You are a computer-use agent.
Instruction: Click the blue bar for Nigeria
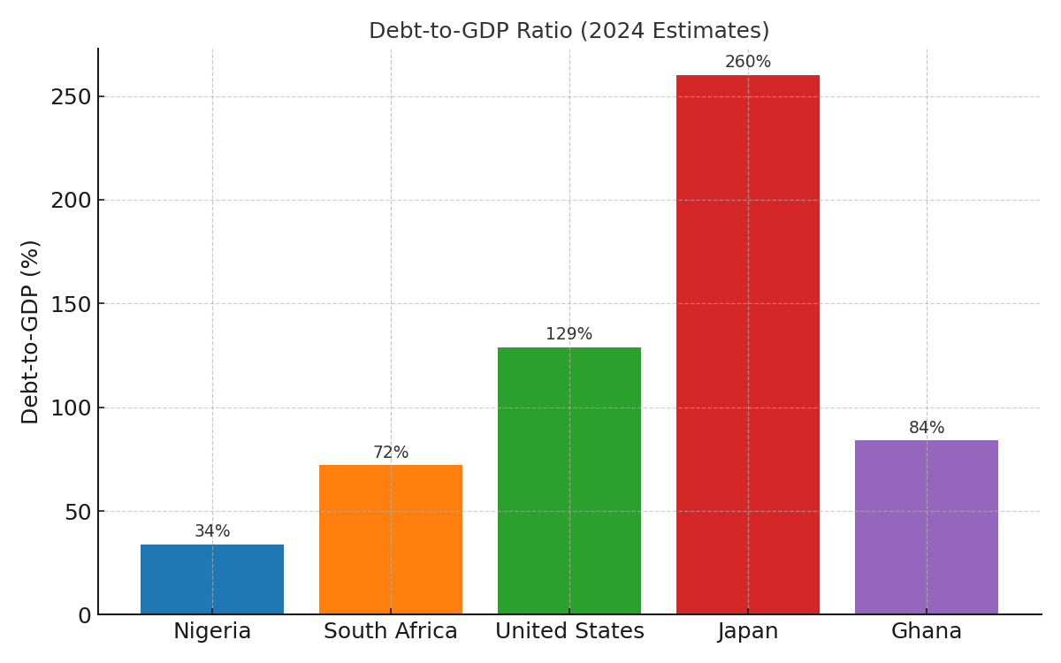point(212,579)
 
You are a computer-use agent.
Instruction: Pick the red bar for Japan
point(748,345)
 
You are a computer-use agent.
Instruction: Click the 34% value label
point(212,531)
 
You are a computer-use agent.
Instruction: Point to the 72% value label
point(391,453)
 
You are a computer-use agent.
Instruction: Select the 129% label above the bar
point(569,334)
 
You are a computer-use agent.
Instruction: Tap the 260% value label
point(748,62)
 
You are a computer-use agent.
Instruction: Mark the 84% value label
point(927,428)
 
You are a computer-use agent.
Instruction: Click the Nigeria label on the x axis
point(212,632)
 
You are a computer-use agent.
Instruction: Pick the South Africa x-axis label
point(391,632)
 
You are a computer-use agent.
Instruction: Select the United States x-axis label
point(569,632)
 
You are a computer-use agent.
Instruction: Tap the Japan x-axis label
point(748,632)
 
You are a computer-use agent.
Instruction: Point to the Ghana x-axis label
point(927,632)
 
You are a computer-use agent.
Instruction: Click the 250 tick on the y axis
point(71,96)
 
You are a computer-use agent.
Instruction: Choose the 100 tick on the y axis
point(71,408)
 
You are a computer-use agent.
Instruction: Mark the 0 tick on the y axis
point(84,615)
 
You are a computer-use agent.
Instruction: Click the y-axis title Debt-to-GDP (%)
point(31,331)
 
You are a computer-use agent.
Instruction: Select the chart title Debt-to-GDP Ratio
point(569,31)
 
